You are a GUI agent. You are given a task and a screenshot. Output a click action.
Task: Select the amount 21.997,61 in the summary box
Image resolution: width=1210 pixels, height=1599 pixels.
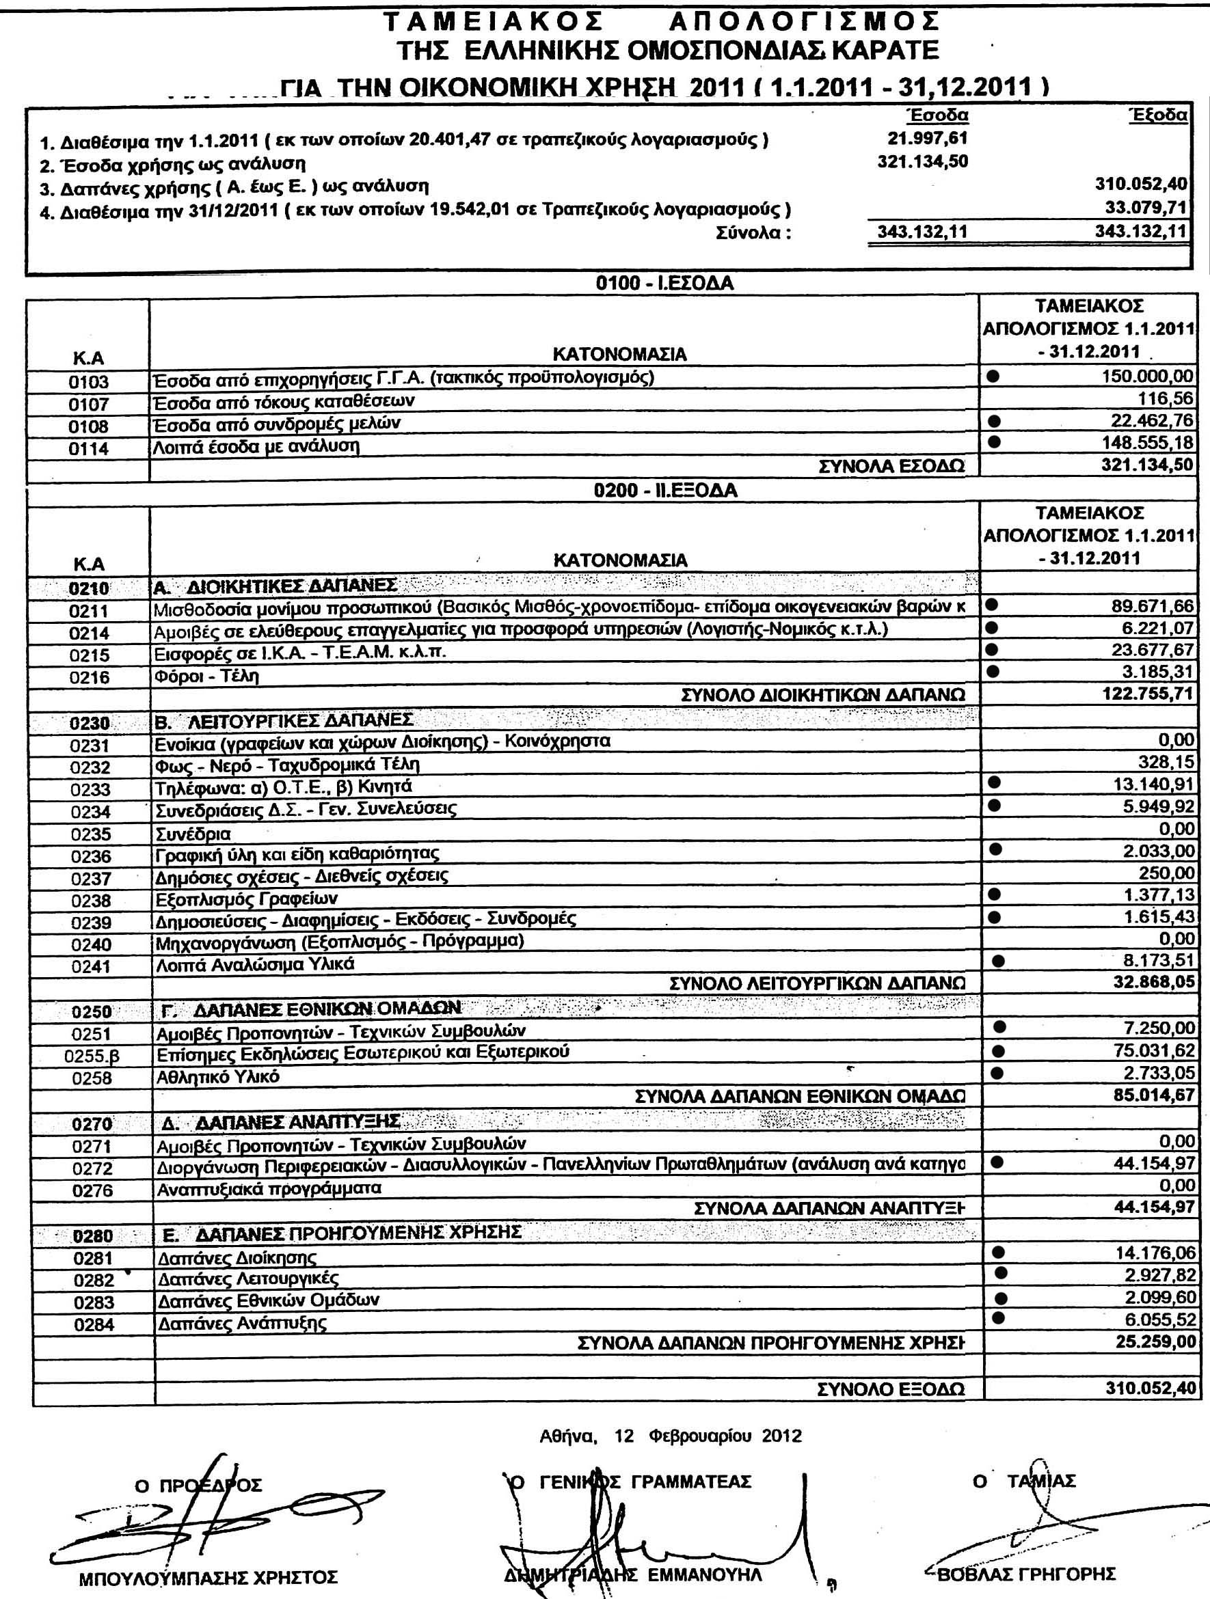pos(927,137)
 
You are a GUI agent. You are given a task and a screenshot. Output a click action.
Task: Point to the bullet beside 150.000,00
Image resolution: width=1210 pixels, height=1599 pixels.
pos(994,376)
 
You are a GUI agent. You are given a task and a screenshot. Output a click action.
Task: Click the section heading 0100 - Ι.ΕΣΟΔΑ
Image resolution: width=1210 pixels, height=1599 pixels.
pos(664,284)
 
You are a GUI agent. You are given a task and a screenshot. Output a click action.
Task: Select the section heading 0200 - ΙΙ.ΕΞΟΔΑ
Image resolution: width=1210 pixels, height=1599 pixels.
pos(665,491)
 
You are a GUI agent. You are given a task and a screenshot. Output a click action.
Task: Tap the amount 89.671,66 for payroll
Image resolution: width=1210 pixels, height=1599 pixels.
pos(1152,605)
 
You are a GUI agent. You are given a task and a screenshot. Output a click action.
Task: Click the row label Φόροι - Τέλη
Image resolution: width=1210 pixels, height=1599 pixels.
pos(207,676)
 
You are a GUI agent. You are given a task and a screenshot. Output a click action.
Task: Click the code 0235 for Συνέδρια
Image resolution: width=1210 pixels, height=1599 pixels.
pos(91,834)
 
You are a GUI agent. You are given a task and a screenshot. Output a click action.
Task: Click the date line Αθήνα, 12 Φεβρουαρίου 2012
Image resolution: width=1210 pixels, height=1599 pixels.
pos(671,1436)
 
